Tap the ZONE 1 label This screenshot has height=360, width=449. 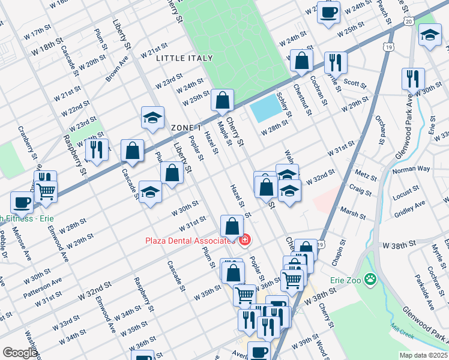point(185,128)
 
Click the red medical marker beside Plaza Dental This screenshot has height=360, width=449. point(244,241)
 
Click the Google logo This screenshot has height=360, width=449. point(20,353)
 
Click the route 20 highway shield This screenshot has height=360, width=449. point(409,21)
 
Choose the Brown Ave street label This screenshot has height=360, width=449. point(117,69)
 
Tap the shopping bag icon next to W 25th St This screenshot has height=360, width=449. point(222,102)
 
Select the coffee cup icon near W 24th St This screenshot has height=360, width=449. point(328,13)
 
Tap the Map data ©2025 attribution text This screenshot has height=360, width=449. point(423,355)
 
